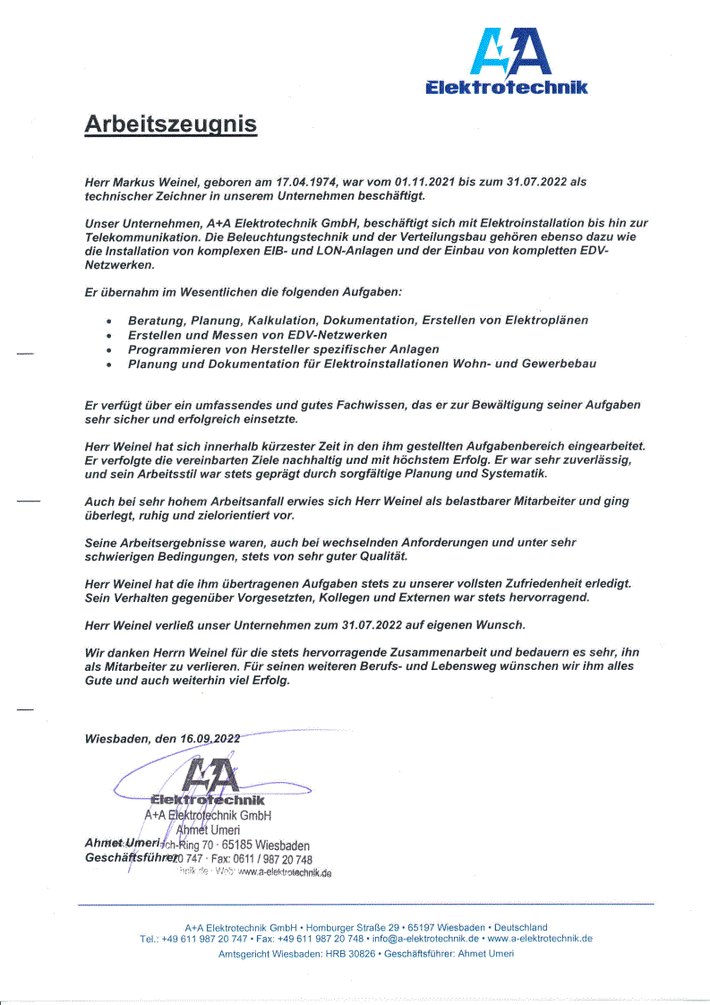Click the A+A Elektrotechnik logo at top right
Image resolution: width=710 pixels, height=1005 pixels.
pos(506,60)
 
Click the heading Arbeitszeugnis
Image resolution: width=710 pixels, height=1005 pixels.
pos(170,124)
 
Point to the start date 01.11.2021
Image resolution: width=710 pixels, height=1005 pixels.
pos(424,182)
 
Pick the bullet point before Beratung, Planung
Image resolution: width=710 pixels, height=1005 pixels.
pos(108,321)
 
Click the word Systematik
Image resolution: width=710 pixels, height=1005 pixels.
pos(513,473)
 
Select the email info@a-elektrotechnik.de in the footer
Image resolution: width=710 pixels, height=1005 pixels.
pos(424,939)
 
